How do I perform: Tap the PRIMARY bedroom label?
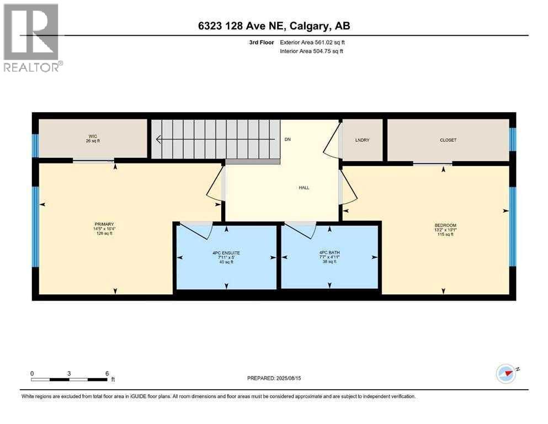104,224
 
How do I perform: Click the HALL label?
304,188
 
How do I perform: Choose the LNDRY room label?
363,140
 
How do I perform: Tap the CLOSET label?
448,140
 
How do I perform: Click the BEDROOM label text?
445,225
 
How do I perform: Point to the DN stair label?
287,140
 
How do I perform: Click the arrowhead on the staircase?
158,139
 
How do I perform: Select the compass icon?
506,373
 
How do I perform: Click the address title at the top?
274,26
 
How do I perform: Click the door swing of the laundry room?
331,141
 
